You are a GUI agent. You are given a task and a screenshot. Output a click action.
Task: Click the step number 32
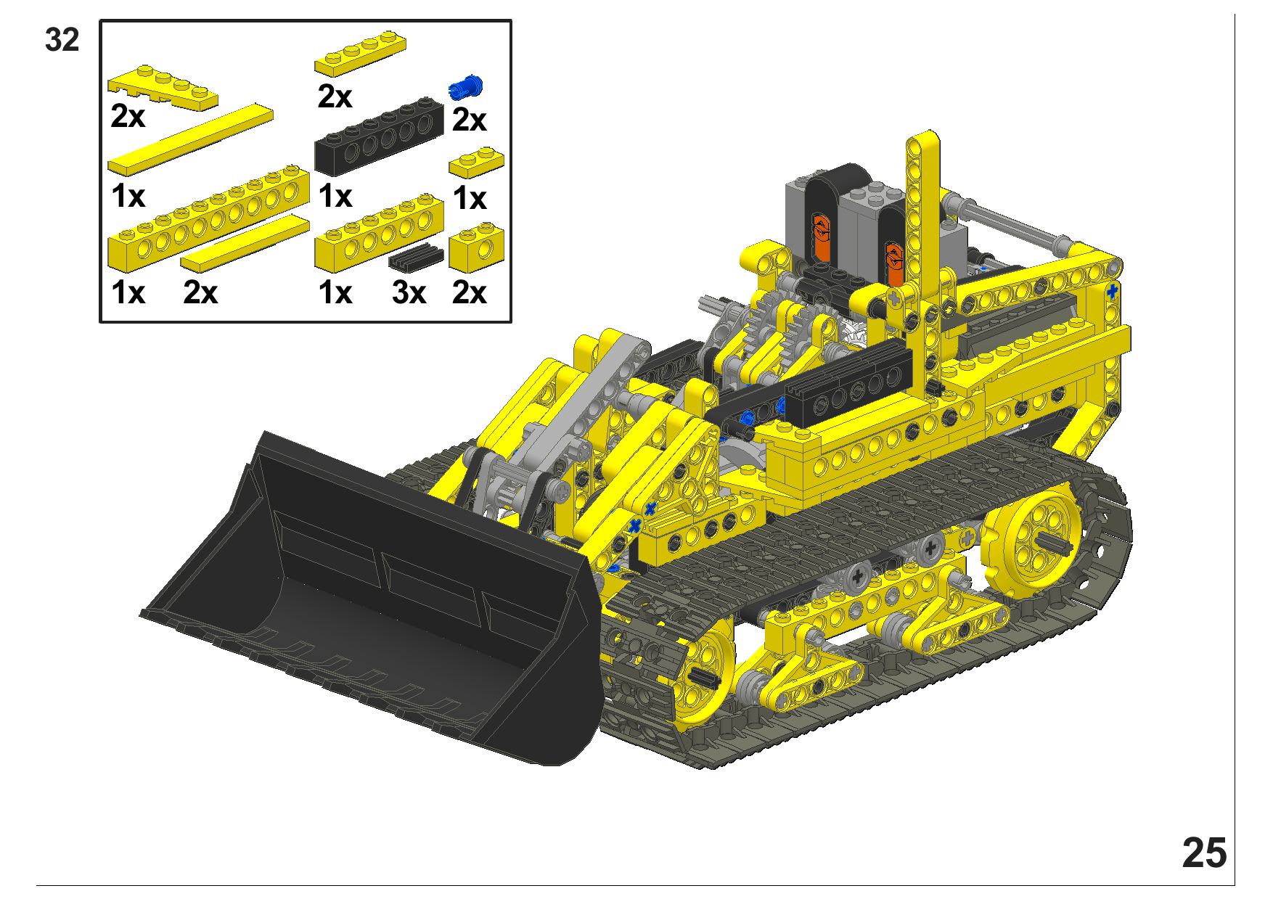point(62,40)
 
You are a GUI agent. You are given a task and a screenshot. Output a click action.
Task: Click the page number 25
point(1204,853)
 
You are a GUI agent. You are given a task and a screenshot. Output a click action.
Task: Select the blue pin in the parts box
point(466,87)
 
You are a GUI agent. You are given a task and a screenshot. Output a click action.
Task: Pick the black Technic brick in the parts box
point(379,136)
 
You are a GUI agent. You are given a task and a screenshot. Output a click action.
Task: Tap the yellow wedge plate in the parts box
point(163,88)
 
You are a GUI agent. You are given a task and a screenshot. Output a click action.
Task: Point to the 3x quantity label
point(409,293)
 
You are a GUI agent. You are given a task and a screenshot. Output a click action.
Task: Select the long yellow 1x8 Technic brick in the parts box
point(208,217)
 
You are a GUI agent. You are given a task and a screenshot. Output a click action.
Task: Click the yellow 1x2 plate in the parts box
point(476,163)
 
